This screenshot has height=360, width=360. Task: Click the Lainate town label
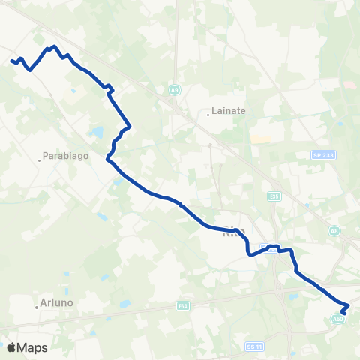[229, 110]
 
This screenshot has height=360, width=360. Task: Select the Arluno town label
[57, 304]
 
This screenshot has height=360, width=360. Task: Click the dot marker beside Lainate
[208, 115]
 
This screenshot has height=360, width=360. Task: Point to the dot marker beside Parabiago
[40, 159]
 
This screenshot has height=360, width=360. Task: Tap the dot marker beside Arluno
[36, 305]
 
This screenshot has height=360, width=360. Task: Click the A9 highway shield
[174, 91]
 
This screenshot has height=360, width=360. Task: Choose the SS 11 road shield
[253, 346]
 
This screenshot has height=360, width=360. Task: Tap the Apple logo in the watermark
[10, 347]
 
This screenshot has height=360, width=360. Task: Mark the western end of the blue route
[12, 61]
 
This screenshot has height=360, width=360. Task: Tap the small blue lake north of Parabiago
[97, 133]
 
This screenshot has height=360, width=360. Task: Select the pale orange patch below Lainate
[260, 139]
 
